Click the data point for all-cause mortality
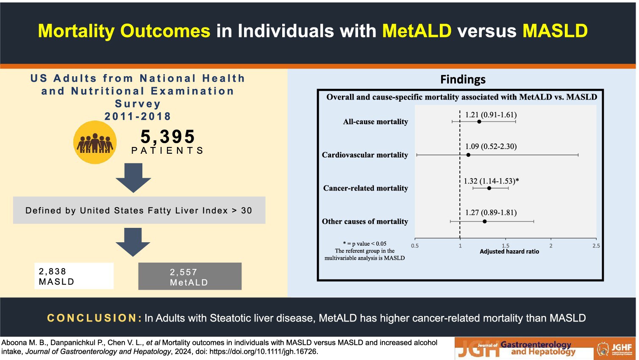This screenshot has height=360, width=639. click(479, 122)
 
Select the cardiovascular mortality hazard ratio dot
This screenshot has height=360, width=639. click(468, 155)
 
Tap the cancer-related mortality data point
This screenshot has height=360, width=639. click(489, 188)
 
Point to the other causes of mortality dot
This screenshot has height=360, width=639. click(485, 222)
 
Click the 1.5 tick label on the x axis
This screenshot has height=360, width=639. click(506, 246)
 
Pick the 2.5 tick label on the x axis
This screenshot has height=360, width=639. click(596, 246)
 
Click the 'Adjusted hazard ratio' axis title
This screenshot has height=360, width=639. click(509, 252)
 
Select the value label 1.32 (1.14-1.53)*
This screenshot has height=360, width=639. click(491, 181)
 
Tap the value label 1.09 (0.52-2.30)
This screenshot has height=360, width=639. click(491, 147)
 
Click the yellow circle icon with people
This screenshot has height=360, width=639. click(95, 142)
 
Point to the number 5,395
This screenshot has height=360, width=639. click(168, 136)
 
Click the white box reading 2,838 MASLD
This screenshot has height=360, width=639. click(74, 276)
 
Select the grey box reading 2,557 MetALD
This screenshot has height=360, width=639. click(190, 276)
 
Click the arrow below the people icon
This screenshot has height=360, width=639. click(133, 178)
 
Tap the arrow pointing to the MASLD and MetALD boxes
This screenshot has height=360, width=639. click(133, 242)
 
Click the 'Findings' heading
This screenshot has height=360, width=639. click(463, 79)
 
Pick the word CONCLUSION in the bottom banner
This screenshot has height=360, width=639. click(94, 318)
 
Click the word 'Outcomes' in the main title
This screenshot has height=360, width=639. click(165, 31)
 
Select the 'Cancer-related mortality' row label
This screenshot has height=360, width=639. click(365, 188)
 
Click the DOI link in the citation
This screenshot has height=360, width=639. click(264, 352)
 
